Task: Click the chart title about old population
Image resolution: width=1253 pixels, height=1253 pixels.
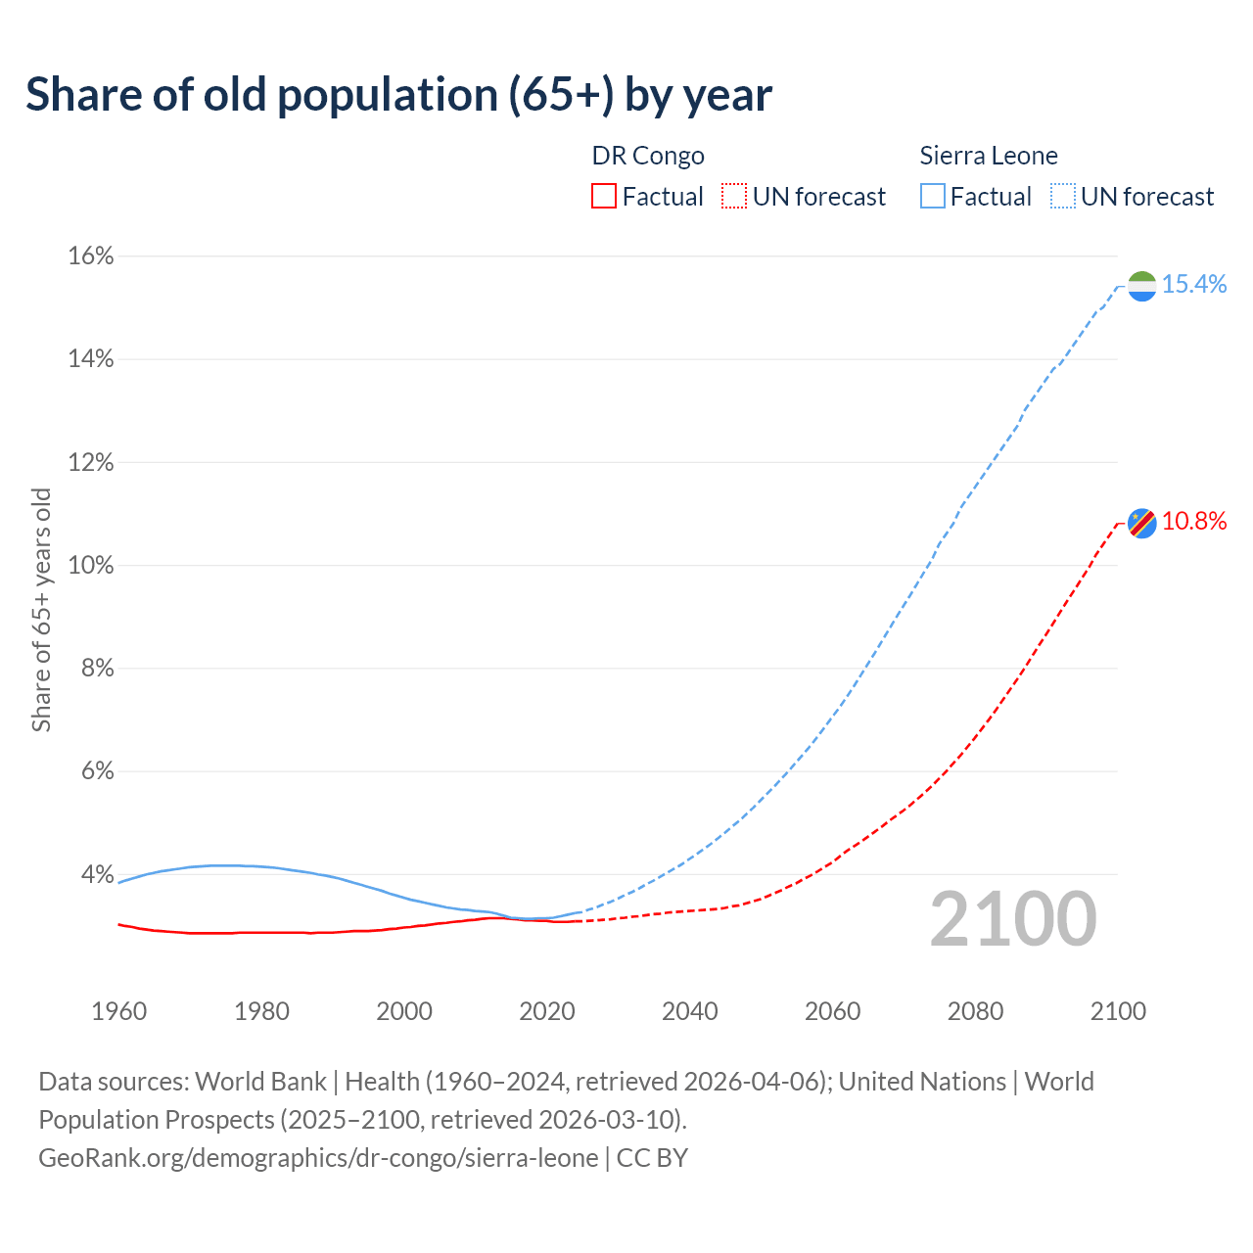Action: pyautogui.click(x=398, y=95)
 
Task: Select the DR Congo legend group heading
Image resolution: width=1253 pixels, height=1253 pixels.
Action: pyautogui.click(x=648, y=156)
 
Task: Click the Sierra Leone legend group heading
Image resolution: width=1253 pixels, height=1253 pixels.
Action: pyautogui.click(x=989, y=156)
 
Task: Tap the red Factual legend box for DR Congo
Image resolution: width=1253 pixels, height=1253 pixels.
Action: pyautogui.click(x=604, y=197)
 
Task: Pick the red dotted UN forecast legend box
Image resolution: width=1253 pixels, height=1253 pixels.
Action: pyautogui.click(x=734, y=197)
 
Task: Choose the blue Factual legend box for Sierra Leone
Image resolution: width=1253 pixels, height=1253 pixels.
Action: pyautogui.click(x=933, y=197)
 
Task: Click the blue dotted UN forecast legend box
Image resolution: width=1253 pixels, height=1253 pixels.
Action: pyautogui.click(x=1063, y=197)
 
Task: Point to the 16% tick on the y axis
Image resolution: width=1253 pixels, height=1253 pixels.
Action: pyautogui.click(x=91, y=256)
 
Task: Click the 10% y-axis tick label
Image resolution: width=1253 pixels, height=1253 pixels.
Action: pyautogui.click(x=91, y=566)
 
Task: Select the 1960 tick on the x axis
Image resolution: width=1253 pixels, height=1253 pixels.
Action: pyautogui.click(x=118, y=1011)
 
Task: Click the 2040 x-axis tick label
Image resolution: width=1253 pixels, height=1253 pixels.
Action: pyautogui.click(x=690, y=1011)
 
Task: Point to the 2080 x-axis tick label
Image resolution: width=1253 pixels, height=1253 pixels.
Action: pyautogui.click(x=975, y=1011)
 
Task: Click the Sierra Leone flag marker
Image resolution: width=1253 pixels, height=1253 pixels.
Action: pyautogui.click(x=1142, y=286)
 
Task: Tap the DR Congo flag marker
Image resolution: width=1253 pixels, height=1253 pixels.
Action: pyautogui.click(x=1142, y=523)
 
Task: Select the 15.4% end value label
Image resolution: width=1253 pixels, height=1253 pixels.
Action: pyautogui.click(x=1194, y=285)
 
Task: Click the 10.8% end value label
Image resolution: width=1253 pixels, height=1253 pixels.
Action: pyautogui.click(x=1194, y=522)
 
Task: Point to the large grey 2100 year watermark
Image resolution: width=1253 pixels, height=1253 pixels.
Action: pyautogui.click(x=1013, y=919)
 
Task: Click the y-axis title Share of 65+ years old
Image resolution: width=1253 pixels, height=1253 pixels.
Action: pyautogui.click(x=41, y=610)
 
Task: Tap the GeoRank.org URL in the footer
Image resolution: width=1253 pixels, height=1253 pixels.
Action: pyautogui.click(x=318, y=1158)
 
